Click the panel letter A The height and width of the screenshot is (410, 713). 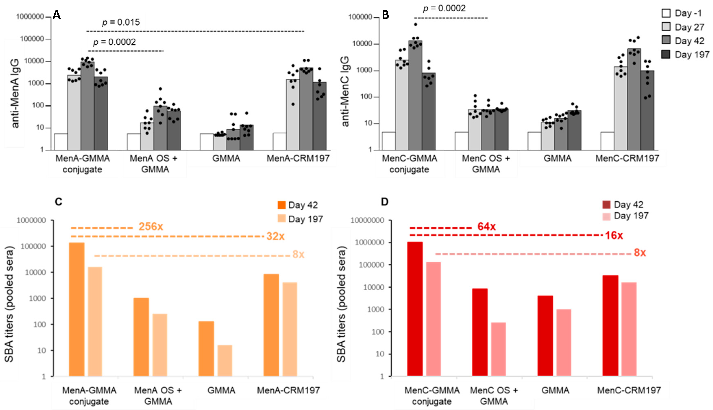[x=57, y=15]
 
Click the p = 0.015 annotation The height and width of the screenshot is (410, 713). [x=121, y=22]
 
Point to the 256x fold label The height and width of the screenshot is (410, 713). [x=151, y=227]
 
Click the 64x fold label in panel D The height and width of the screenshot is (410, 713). [x=486, y=227]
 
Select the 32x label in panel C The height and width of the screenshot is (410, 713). [x=275, y=236]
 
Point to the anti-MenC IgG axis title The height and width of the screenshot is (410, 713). [x=345, y=92]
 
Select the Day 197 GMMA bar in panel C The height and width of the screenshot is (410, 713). [x=225, y=360]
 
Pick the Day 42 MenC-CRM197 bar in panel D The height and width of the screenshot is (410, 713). [x=610, y=326]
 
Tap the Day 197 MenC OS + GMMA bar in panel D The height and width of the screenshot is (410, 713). [x=498, y=349]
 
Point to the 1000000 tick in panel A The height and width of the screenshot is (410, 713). [x=30, y=17]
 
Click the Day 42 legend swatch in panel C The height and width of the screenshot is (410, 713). [x=282, y=205]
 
